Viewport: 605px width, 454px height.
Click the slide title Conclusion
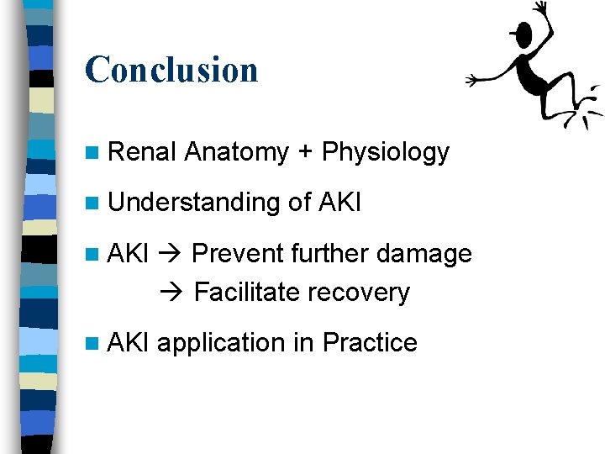coord(171,69)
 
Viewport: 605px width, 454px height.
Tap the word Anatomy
coord(236,152)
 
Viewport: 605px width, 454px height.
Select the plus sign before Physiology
coord(305,153)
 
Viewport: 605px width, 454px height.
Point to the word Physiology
coord(386,153)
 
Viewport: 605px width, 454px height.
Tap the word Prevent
coord(238,253)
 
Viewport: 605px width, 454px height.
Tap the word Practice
coord(370,343)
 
